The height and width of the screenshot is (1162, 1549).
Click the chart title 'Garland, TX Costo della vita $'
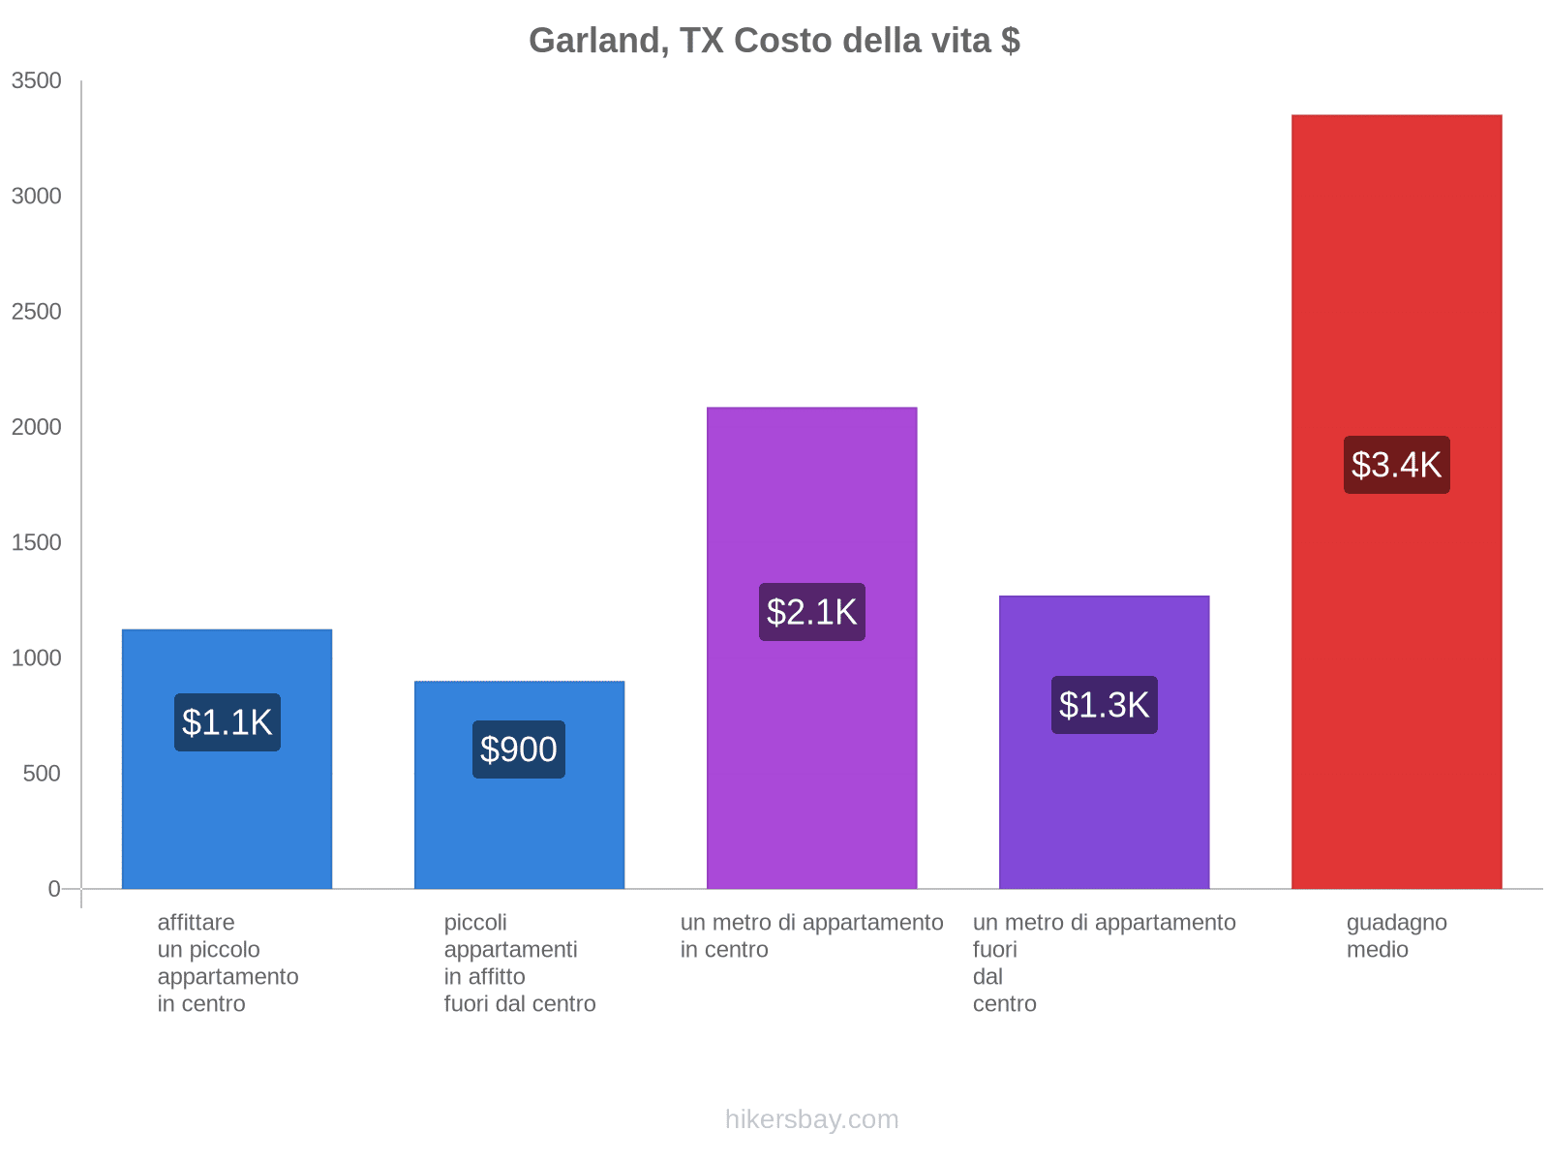774,41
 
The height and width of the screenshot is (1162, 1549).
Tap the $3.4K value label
1396,465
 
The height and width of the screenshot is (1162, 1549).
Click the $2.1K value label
811,612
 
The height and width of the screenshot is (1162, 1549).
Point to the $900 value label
519,749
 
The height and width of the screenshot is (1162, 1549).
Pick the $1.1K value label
228,722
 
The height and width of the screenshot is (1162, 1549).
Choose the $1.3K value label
1104,705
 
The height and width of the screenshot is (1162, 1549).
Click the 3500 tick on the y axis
37,81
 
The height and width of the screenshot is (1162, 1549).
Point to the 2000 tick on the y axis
37,427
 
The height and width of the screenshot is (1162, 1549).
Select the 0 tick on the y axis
54,889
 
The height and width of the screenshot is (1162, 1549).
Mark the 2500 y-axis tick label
37,312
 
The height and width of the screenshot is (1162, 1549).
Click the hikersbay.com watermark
811,1119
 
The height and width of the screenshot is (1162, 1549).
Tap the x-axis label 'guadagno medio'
1396,935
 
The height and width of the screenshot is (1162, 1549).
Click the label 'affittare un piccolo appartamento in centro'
228,963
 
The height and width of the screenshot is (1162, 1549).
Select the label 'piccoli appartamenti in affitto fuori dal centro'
519,963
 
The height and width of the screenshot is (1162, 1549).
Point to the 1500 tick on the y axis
37,542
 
